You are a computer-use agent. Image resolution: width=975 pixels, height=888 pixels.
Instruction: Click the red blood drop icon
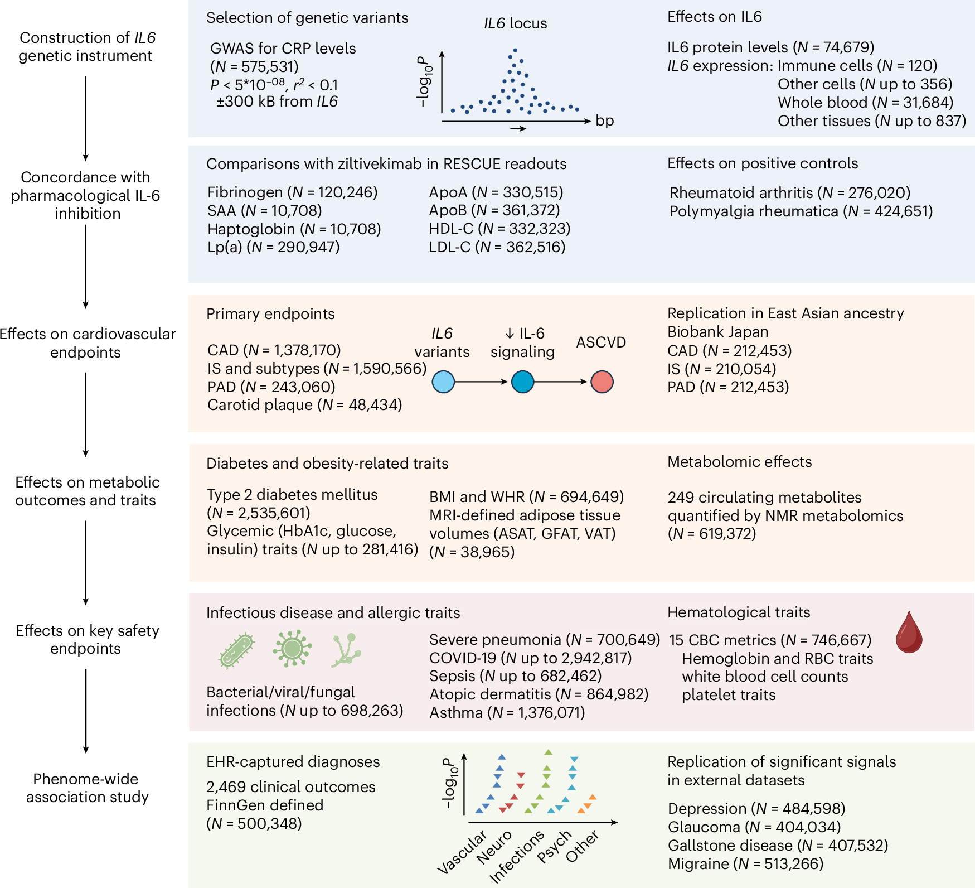(x=909, y=633)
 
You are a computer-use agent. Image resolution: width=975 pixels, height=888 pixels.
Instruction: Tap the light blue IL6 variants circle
(x=443, y=382)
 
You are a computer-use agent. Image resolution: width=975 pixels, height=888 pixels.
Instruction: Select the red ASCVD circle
(x=602, y=382)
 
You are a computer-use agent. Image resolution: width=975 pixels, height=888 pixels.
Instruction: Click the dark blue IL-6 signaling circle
(x=522, y=382)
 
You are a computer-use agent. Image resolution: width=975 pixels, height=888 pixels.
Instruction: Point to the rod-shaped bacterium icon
(x=237, y=651)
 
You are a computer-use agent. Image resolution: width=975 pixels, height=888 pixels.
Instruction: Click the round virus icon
(x=292, y=648)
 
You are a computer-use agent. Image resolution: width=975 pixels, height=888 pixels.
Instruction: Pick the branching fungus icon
(x=346, y=650)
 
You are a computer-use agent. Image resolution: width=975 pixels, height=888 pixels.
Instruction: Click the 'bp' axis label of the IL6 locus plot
(x=604, y=120)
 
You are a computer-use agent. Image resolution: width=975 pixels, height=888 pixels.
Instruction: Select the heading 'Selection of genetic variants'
(x=307, y=18)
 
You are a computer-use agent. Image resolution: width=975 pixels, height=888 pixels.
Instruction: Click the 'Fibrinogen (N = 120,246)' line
(x=292, y=192)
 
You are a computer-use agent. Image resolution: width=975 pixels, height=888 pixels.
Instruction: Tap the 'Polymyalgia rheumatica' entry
(x=801, y=211)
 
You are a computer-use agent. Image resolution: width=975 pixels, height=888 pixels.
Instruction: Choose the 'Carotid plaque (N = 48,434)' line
(x=304, y=405)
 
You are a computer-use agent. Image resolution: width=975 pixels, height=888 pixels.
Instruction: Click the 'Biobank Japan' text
(x=717, y=332)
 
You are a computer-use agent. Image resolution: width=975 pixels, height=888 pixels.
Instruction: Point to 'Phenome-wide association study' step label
(x=86, y=788)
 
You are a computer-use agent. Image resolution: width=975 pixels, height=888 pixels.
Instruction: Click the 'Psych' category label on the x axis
(x=555, y=846)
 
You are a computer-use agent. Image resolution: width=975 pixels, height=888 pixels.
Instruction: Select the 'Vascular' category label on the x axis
(x=462, y=852)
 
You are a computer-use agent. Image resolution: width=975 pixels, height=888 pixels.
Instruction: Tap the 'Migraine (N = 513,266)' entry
(x=745, y=864)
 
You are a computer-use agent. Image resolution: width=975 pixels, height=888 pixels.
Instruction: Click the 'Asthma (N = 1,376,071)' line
(x=507, y=713)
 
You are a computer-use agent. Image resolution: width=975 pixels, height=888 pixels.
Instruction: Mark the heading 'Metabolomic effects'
(x=739, y=462)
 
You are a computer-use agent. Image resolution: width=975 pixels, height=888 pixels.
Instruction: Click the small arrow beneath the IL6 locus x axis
(x=518, y=129)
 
